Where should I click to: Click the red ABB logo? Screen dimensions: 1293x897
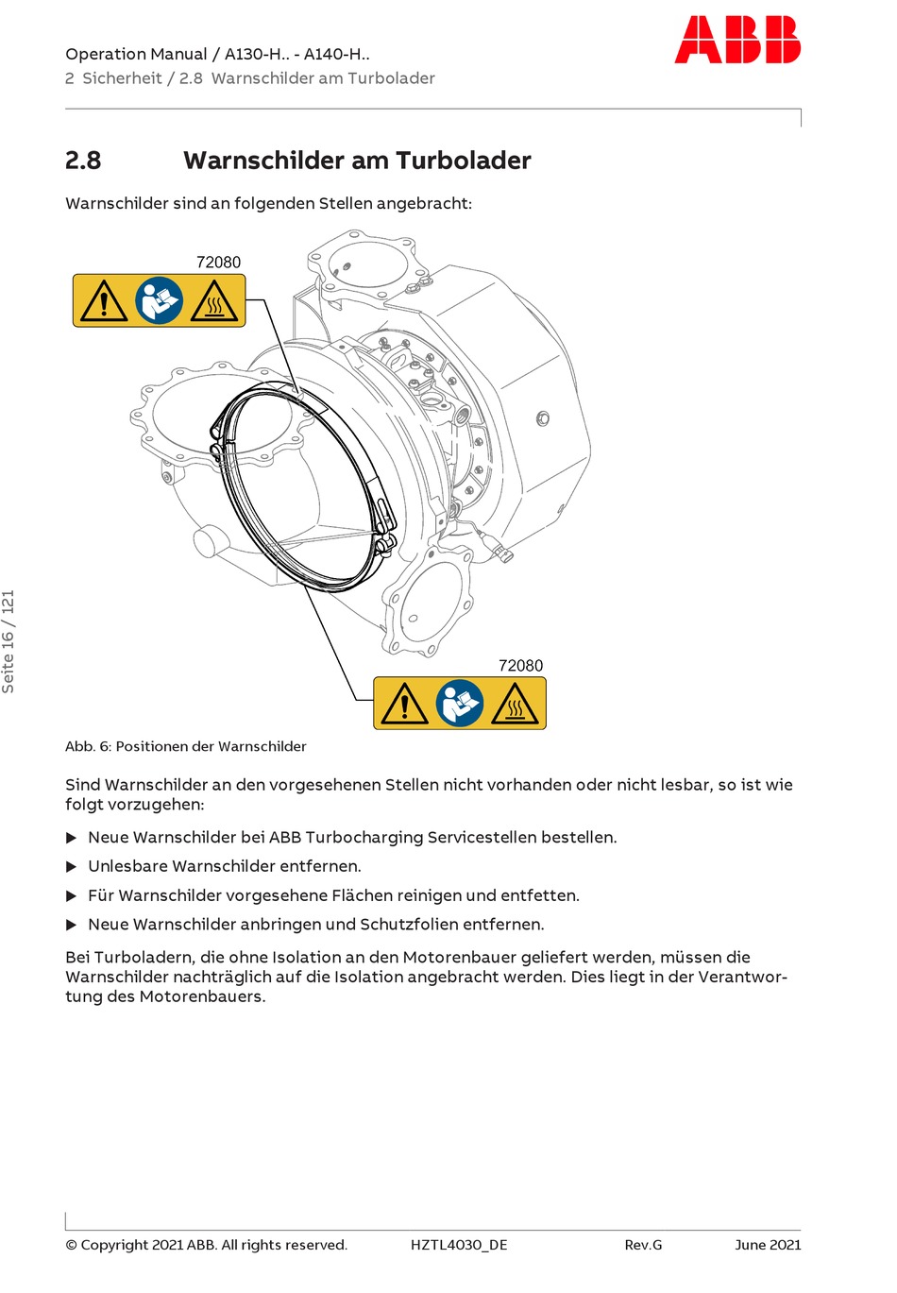[737, 40]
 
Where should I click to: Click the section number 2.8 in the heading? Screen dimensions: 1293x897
[83, 161]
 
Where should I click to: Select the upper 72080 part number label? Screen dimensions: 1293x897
[218, 262]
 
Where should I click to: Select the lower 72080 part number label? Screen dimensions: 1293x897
[520, 665]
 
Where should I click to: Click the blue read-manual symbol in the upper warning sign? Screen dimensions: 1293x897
[159, 301]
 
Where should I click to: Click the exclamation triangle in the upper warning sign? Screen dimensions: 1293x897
[103, 302]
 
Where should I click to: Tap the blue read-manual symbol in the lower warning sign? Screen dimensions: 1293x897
[460, 704]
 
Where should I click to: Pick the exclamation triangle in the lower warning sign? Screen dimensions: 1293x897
[404, 705]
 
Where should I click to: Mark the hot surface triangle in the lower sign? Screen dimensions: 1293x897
[516, 705]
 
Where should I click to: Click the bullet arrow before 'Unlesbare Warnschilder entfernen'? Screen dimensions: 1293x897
[71, 867]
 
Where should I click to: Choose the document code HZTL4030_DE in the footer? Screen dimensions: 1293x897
[459, 1245]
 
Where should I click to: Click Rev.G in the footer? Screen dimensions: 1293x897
[643, 1245]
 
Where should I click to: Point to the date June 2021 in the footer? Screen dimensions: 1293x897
[768, 1245]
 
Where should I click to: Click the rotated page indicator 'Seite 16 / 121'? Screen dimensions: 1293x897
[8, 641]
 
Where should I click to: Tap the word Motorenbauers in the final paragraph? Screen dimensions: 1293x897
[201, 996]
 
